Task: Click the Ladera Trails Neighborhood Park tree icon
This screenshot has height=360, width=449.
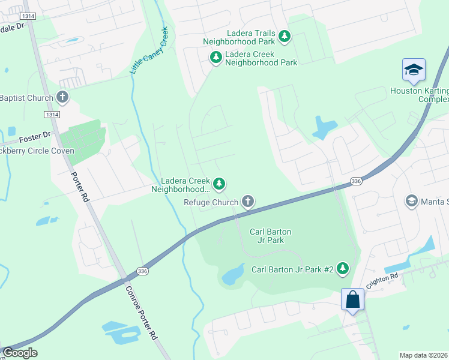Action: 285,37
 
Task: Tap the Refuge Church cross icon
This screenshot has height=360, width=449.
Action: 247,202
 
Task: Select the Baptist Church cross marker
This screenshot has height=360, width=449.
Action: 62,97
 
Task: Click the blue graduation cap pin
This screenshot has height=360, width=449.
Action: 414,70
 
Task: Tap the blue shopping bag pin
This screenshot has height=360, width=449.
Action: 352,298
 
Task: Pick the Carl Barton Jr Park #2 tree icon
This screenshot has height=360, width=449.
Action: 343,268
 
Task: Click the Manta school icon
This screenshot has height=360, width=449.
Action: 412,200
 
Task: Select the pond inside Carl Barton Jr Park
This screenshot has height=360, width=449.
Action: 232,275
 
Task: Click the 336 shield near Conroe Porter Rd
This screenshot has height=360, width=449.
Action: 142,272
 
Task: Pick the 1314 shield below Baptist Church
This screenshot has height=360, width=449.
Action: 51,114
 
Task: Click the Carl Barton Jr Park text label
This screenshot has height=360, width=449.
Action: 266,235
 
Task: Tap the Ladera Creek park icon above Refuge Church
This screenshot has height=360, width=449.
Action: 220,184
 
